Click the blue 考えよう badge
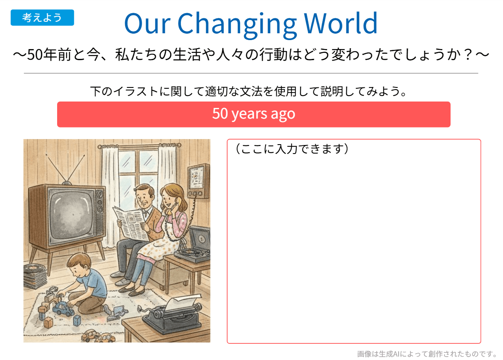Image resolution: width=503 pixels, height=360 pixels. pyautogui.click(x=42, y=17)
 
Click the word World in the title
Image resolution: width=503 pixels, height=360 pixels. pyautogui.click(x=340, y=23)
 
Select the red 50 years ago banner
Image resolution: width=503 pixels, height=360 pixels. pyautogui.click(x=254, y=114)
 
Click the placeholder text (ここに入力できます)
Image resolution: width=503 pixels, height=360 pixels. pyautogui.click(x=292, y=149)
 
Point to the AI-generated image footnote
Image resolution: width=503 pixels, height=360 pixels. pyautogui.click(x=427, y=354)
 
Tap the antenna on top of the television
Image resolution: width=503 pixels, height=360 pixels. pyautogui.click(x=66, y=169)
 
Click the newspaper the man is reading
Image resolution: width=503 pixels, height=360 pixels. pyautogui.click(x=131, y=223)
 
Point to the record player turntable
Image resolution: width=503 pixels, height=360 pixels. pyautogui.click(x=191, y=253)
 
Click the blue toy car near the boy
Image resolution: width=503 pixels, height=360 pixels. pyautogui.click(x=64, y=309)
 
